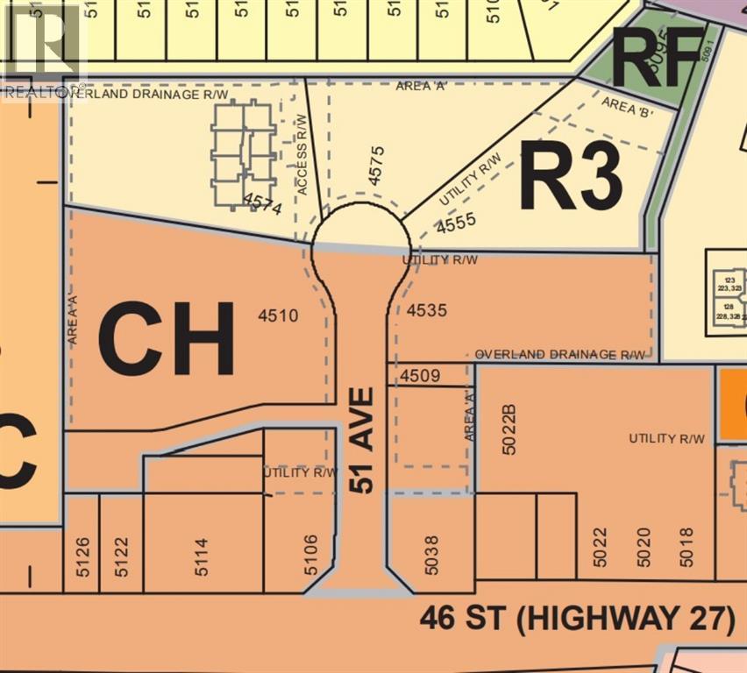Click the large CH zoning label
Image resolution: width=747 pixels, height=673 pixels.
167,337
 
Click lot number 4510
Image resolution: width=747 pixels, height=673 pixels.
280,315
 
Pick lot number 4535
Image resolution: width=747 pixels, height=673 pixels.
428,310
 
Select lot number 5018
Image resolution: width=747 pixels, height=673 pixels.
687,545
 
